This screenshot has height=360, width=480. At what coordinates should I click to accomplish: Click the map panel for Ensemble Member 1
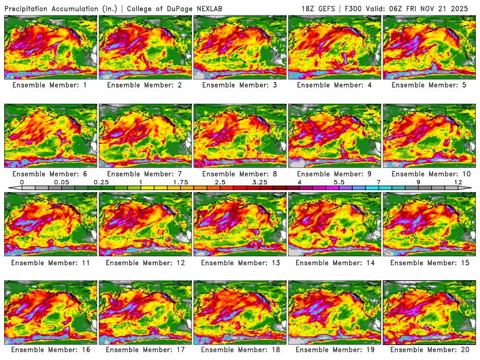click(50, 47)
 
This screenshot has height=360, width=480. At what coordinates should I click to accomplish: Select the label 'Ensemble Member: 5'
click(430, 85)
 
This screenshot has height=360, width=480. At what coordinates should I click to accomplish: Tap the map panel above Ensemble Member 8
click(240, 136)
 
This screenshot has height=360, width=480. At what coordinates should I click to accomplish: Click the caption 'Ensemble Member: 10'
click(430, 173)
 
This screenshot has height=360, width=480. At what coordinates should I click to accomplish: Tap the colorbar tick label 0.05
click(61, 181)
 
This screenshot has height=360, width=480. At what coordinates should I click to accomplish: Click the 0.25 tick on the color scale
click(101, 181)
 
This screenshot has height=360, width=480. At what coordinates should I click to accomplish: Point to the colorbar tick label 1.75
click(180, 181)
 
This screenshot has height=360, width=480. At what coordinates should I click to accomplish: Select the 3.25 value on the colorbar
click(260, 181)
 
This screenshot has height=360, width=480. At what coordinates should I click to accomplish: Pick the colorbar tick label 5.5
click(338, 181)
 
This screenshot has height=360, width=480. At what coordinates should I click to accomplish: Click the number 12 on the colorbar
click(458, 181)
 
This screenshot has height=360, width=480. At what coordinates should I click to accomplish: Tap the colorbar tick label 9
click(418, 181)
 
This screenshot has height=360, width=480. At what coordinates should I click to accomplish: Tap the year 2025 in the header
click(464, 8)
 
